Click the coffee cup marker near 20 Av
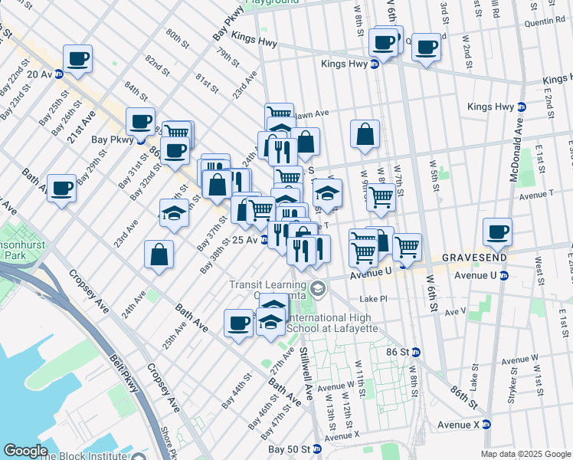[x=77, y=58]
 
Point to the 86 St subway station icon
[x=416, y=353]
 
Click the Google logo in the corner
[x=25, y=450]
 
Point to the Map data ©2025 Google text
[x=525, y=454]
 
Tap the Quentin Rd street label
[x=544, y=23]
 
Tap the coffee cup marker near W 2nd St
[x=427, y=47]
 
